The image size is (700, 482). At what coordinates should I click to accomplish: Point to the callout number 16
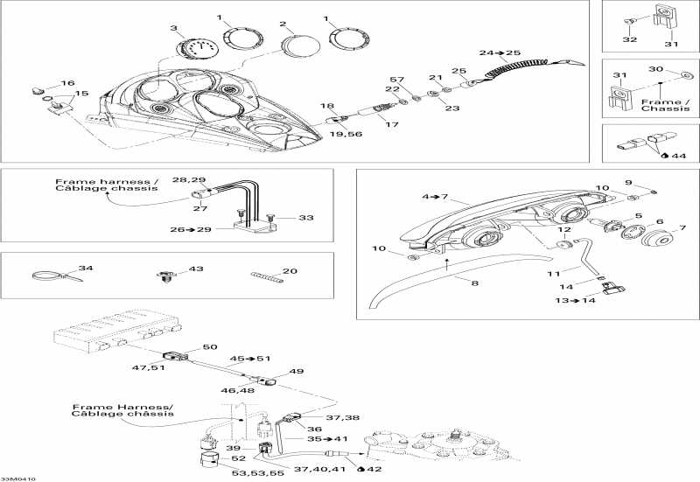(67, 83)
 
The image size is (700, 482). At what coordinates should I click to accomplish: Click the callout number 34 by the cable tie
(85, 268)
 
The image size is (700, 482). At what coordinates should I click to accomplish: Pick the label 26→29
(190, 231)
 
